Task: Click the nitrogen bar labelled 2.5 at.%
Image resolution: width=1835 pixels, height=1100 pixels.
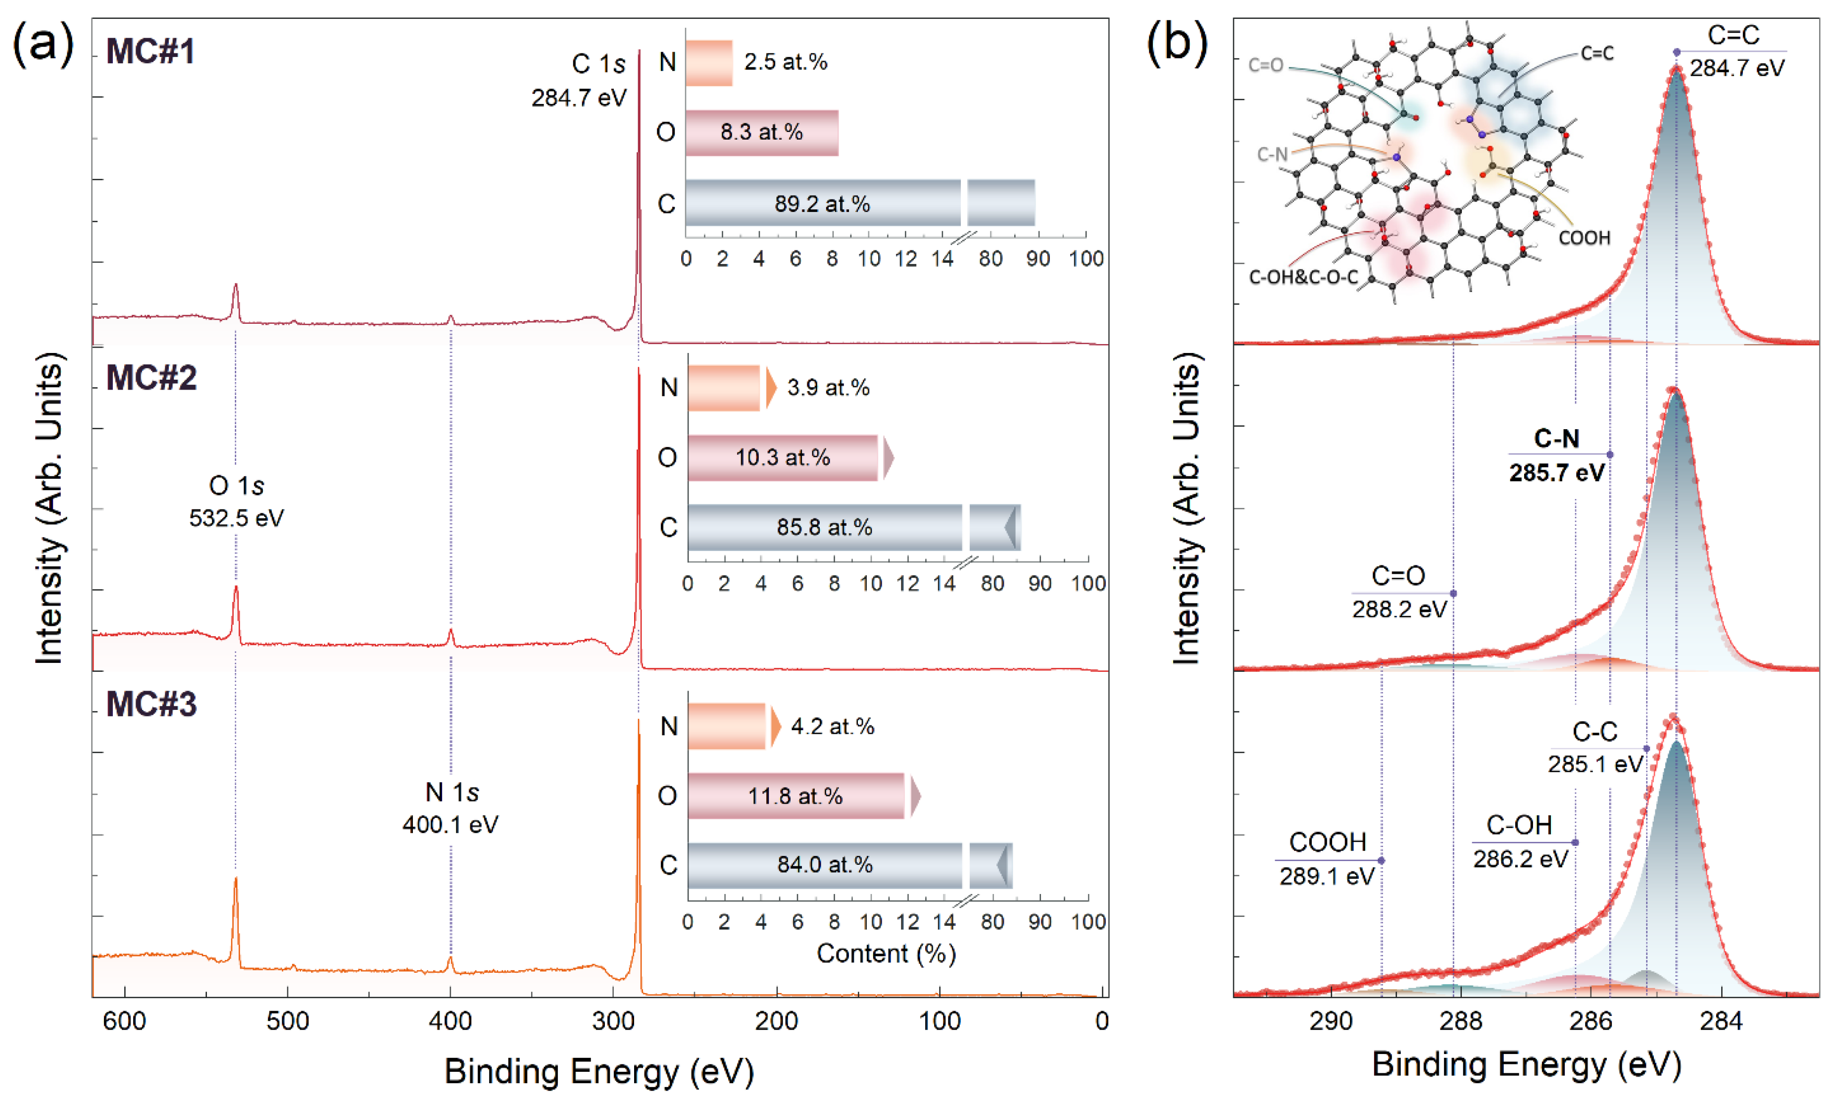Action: pos(708,63)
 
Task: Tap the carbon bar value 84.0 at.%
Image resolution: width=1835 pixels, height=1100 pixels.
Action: pos(824,865)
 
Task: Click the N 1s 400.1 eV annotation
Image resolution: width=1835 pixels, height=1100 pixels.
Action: pos(450,808)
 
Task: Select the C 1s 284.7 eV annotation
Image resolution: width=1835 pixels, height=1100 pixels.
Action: pos(580,80)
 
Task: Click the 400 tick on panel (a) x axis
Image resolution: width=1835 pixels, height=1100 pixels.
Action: pos(450,1021)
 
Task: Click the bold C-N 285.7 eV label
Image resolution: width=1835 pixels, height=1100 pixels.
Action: pos(1557,455)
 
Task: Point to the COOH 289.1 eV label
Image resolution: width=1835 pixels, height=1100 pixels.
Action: pos(1327,859)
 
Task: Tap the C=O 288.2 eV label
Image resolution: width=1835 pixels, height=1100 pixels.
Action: pos(1398,592)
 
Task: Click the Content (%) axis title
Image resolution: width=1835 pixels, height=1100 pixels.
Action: pos(887,953)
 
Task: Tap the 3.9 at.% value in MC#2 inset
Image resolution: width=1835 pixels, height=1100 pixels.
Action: pos(828,388)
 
